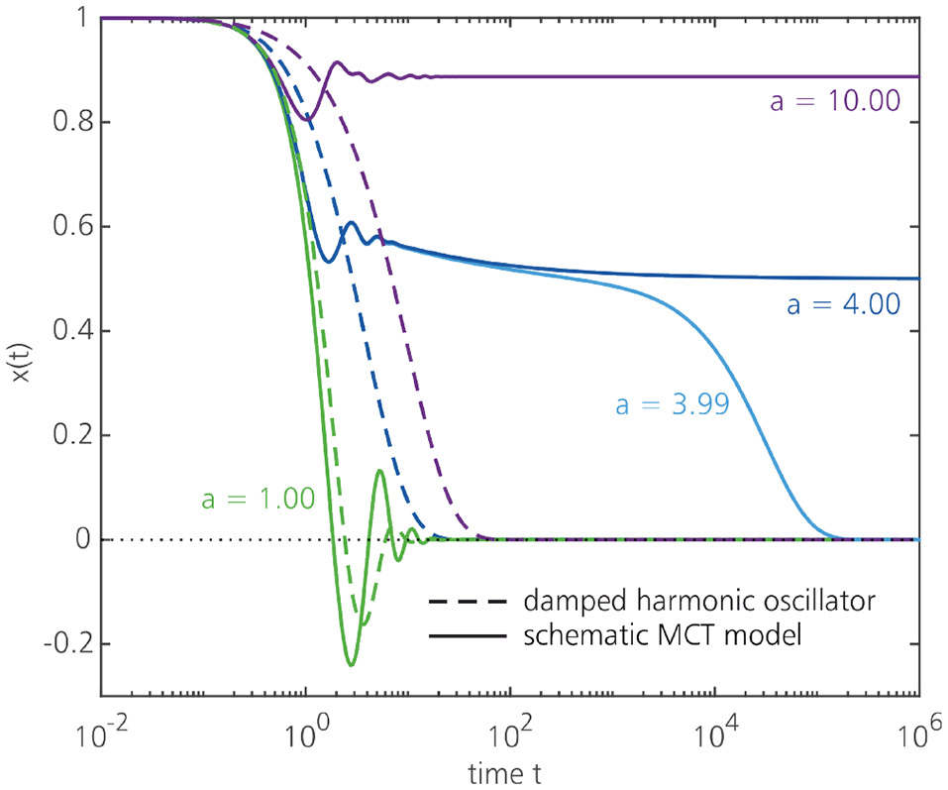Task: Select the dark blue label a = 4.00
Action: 843,304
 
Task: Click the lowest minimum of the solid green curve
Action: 351,664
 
